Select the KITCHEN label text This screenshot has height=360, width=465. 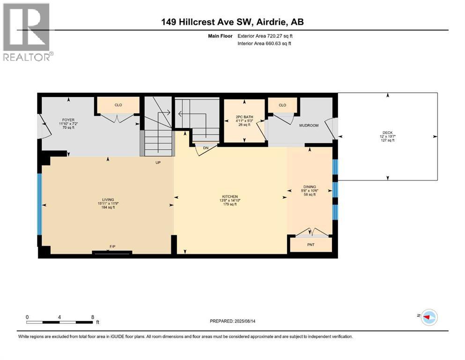[230, 196]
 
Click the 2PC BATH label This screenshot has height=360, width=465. [244, 117]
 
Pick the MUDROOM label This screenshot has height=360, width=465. [309, 126]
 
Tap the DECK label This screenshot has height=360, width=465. [387, 133]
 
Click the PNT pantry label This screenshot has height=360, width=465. [310, 244]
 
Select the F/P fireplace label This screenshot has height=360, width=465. [112, 246]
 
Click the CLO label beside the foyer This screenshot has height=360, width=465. [118, 105]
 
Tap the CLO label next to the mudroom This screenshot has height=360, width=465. [282, 105]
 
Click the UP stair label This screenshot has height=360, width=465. [158, 163]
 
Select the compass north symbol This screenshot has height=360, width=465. [428, 317]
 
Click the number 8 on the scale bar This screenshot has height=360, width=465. [93, 317]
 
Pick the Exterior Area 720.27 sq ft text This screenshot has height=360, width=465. [266, 36]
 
